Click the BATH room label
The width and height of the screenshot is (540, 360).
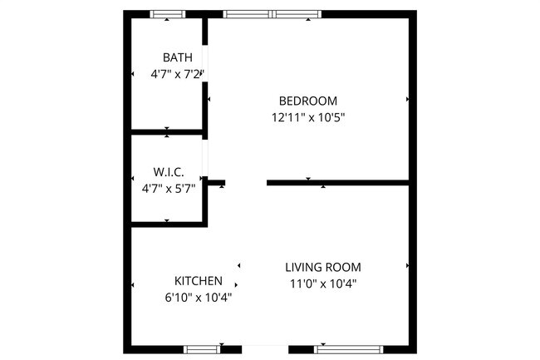coord(177,57)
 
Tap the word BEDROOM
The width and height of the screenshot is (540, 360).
coord(307,101)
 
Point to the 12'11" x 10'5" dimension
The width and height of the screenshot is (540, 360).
coord(307,118)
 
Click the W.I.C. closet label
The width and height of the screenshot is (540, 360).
coord(168,172)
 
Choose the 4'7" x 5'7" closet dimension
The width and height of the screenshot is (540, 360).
coord(168,188)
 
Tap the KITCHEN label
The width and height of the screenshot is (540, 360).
coord(198,280)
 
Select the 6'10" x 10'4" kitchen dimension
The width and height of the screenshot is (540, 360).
coord(198,297)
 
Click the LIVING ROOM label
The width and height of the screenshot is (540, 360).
coord(323,267)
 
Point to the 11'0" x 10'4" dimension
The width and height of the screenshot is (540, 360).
coord(323,284)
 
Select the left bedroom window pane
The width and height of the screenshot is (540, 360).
coord(248,14)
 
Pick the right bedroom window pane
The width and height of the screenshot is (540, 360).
coord(297,14)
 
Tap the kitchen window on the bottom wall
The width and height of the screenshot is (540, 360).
coord(202,349)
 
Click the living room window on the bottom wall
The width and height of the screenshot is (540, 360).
coord(347,349)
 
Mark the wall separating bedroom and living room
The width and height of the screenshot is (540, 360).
coord(337,182)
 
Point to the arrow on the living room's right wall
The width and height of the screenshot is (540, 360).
coord(408,266)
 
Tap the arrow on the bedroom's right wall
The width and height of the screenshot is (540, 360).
coord(408,99)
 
